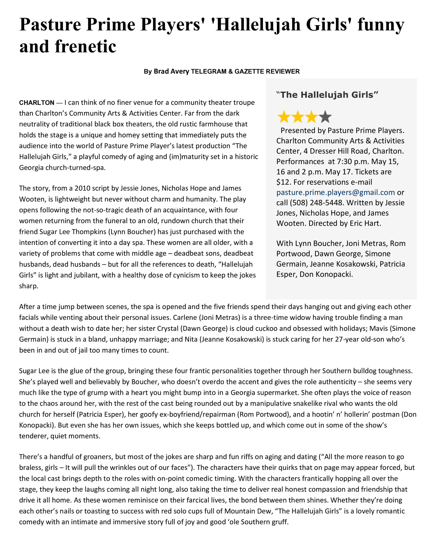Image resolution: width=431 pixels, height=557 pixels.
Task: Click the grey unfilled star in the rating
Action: pos(325,117)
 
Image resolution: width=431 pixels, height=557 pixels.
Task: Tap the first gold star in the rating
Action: pos(283,117)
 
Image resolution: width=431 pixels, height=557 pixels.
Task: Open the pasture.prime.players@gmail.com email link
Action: pos(335,192)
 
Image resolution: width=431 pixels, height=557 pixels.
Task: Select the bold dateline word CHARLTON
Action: pos(37,102)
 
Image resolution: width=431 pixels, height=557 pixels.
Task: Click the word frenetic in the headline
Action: pos(85,47)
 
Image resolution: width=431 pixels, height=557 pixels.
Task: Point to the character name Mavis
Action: pos(378,329)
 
